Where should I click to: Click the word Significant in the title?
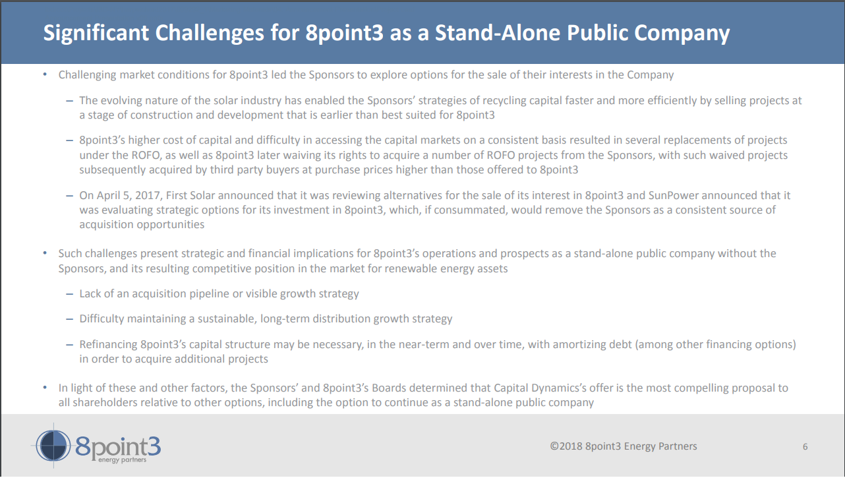click(96, 33)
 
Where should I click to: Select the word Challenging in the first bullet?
click(87, 75)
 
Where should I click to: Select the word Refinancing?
click(108, 345)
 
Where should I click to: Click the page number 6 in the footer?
click(805, 447)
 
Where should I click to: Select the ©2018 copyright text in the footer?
click(623, 446)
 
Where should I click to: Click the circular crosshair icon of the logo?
click(53, 446)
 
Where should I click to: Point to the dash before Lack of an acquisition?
click(69, 294)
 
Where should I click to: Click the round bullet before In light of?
click(45, 388)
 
